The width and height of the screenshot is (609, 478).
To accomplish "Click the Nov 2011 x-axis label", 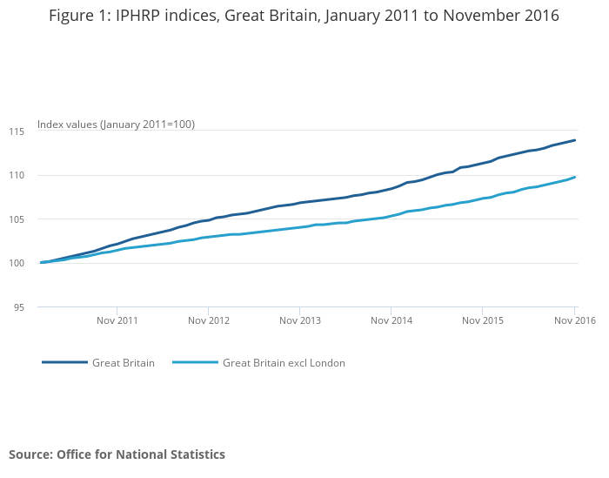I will click(x=117, y=320).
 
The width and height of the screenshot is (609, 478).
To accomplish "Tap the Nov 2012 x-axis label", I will click(x=209, y=320).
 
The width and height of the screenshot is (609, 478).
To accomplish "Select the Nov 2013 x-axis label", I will click(x=300, y=320).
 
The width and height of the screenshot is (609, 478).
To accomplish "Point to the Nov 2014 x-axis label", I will click(x=391, y=320).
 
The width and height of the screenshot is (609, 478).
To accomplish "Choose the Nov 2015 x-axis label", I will click(x=483, y=320).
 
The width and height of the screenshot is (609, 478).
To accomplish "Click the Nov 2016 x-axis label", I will click(x=574, y=320).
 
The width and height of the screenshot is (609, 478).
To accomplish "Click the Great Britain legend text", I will click(x=124, y=363).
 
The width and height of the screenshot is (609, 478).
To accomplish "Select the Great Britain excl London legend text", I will click(x=284, y=363).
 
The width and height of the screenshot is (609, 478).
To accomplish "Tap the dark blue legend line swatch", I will click(x=64, y=362).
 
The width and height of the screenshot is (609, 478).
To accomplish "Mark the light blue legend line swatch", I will click(x=195, y=362).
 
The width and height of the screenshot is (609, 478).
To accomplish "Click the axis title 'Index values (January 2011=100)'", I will click(x=116, y=125).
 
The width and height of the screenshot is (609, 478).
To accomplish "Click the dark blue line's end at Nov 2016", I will click(x=575, y=140).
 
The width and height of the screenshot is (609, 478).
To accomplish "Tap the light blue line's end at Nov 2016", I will click(x=575, y=177).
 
